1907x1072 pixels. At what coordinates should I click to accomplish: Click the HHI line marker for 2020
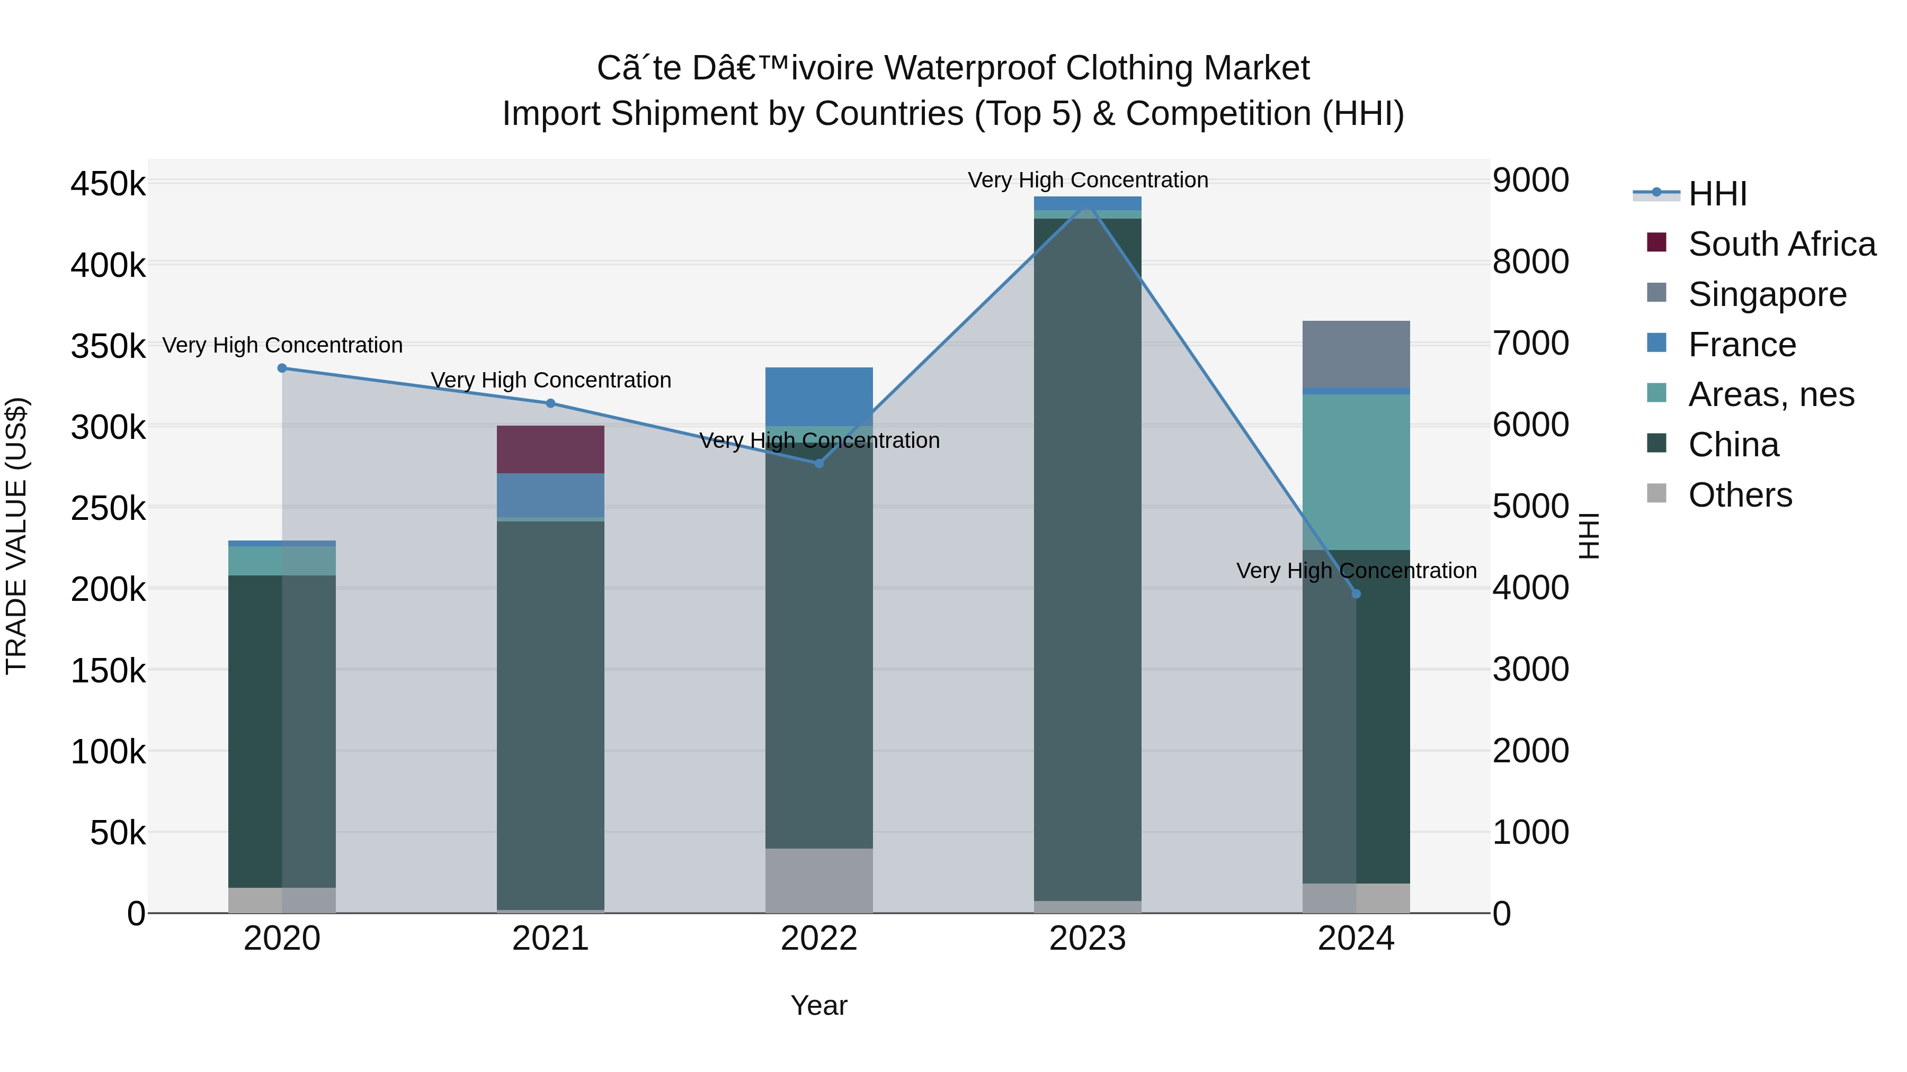[x=282, y=368]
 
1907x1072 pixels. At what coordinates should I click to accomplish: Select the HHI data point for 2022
[x=819, y=463]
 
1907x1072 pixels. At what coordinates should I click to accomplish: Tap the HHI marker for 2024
[x=1356, y=594]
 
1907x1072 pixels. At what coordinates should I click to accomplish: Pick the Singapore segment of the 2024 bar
[x=1356, y=354]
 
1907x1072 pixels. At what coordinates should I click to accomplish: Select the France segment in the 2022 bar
[x=819, y=397]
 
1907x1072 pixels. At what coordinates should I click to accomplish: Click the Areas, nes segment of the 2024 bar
[x=1356, y=472]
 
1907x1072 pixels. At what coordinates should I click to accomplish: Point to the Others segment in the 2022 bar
[x=819, y=880]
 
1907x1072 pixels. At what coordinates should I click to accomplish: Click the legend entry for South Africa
[x=1781, y=244]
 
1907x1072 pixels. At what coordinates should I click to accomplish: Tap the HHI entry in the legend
[x=1717, y=194]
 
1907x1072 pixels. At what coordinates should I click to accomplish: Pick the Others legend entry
[x=1740, y=495]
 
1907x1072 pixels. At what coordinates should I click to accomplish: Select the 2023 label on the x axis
[x=1088, y=939]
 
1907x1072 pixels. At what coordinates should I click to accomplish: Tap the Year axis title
[x=819, y=1005]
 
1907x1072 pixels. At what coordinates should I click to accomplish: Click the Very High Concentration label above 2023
[x=1088, y=180]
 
